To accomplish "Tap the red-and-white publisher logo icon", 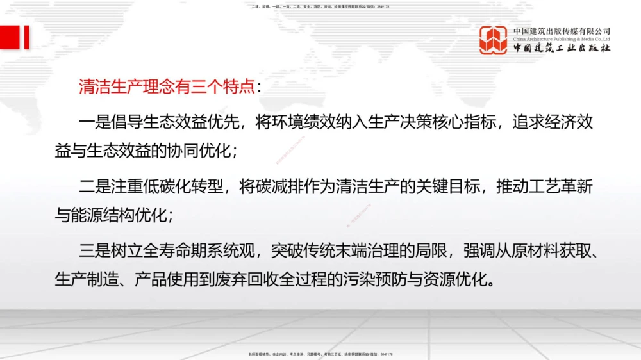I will click(494, 40).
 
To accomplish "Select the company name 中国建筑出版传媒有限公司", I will click(562, 30).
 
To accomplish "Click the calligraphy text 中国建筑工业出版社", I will click(562, 48).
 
